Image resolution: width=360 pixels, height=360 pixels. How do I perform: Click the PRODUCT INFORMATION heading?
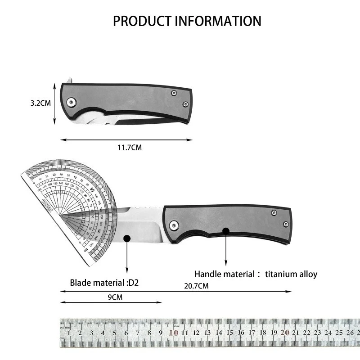[187, 21]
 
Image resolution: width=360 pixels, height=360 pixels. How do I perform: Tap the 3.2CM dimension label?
[40, 103]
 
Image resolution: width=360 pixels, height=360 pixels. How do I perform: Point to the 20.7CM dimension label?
[196, 285]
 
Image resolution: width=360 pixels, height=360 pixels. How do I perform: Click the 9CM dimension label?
[115, 297]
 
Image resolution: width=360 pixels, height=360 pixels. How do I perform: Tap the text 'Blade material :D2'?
[104, 283]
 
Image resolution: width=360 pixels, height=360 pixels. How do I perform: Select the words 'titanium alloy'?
[291, 274]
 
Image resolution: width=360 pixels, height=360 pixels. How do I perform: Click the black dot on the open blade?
[127, 238]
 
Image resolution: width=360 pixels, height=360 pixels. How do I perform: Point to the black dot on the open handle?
[226, 231]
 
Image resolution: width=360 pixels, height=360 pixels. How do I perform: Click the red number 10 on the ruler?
[173, 333]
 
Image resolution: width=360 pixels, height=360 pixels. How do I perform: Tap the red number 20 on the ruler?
[284, 333]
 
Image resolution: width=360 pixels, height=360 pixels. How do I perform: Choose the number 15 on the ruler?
[229, 333]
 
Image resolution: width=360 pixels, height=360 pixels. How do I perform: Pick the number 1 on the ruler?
[69, 333]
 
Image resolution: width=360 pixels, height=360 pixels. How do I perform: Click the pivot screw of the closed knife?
[71, 103]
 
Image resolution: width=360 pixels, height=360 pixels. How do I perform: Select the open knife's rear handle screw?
[285, 223]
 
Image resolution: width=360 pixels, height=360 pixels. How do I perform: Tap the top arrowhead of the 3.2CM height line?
[55, 85]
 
